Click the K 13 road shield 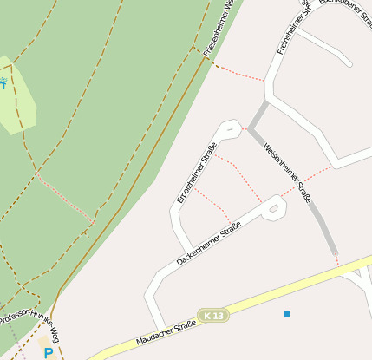[x=212, y=315]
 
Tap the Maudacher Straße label [x=166, y=333]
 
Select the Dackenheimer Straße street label [x=208, y=244]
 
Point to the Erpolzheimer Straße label [x=196, y=172]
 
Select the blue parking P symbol [x=49, y=353]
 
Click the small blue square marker [x=287, y=313]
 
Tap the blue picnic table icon [x=3, y=84]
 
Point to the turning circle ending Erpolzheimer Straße [x=230, y=129]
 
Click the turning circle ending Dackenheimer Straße [x=275, y=206]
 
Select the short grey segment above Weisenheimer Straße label [x=258, y=116]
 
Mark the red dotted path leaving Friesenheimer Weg [x=238, y=73]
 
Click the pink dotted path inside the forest [x=65, y=197]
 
